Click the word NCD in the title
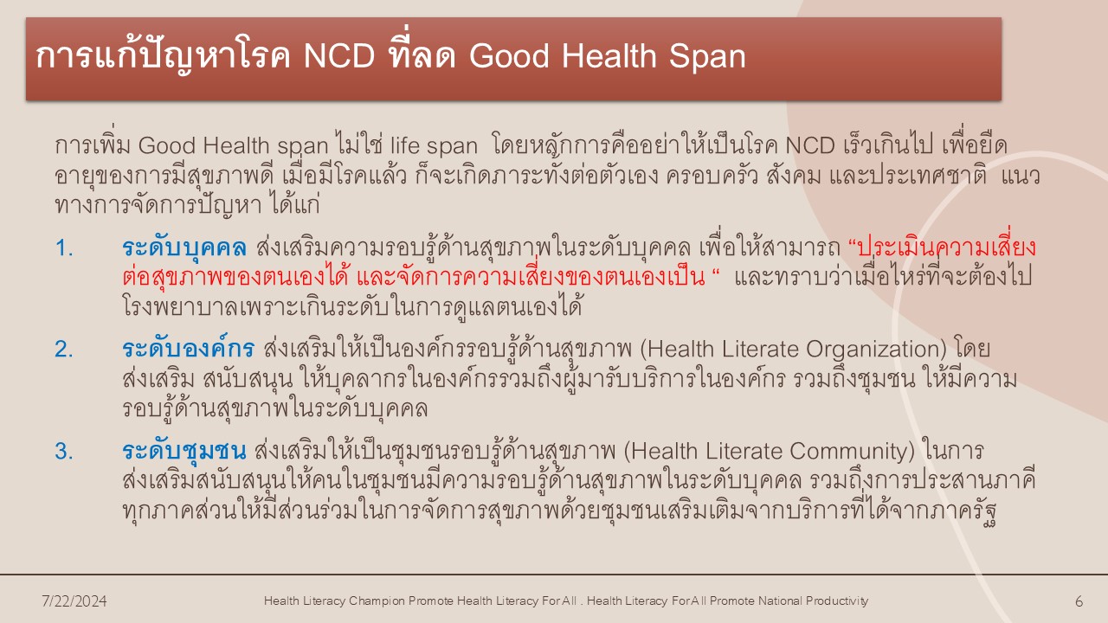click(x=339, y=56)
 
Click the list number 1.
click(x=64, y=247)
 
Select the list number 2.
click(x=64, y=350)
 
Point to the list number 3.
click(x=64, y=452)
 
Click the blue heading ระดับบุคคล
click(x=184, y=247)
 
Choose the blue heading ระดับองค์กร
click(x=189, y=349)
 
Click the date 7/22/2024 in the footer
click(x=74, y=601)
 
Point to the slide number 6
click(x=1079, y=601)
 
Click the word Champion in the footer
click(x=377, y=601)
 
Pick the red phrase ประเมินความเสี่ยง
click(x=947, y=247)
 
